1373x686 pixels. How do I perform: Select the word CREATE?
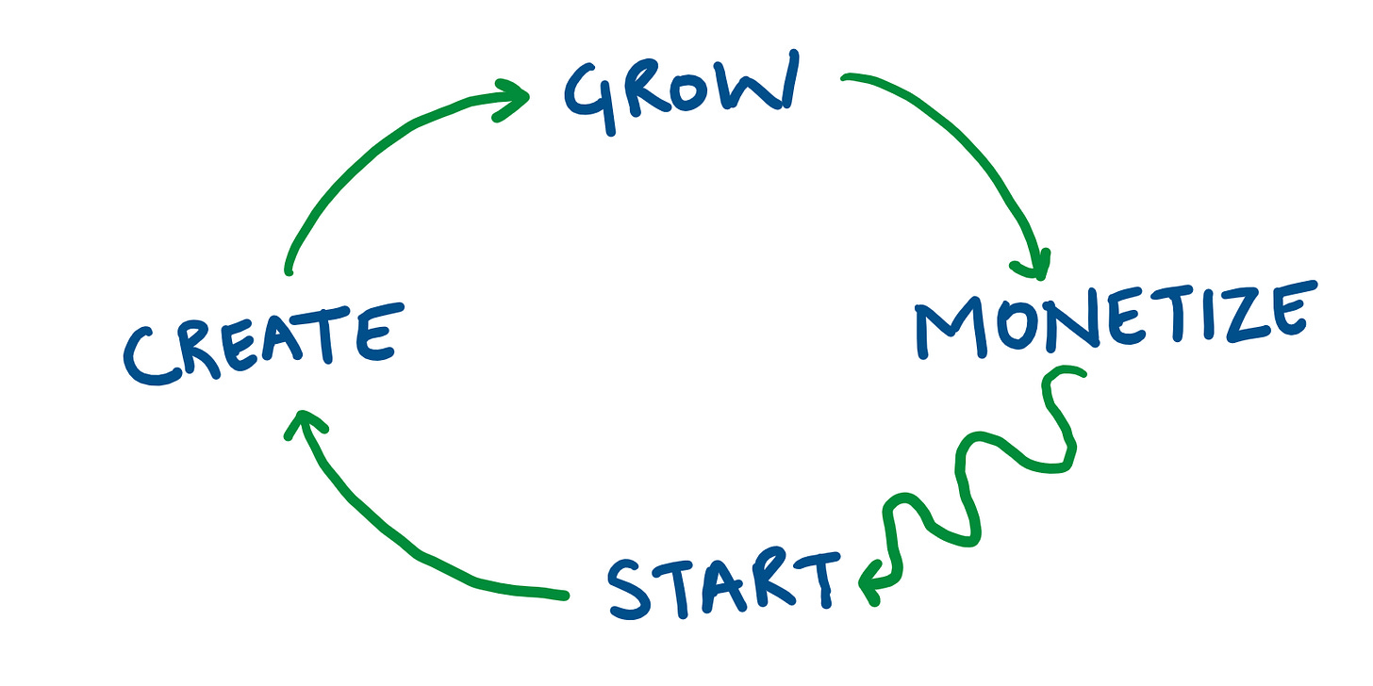point(259,345)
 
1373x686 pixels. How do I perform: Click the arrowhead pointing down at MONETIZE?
point(1037,264)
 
